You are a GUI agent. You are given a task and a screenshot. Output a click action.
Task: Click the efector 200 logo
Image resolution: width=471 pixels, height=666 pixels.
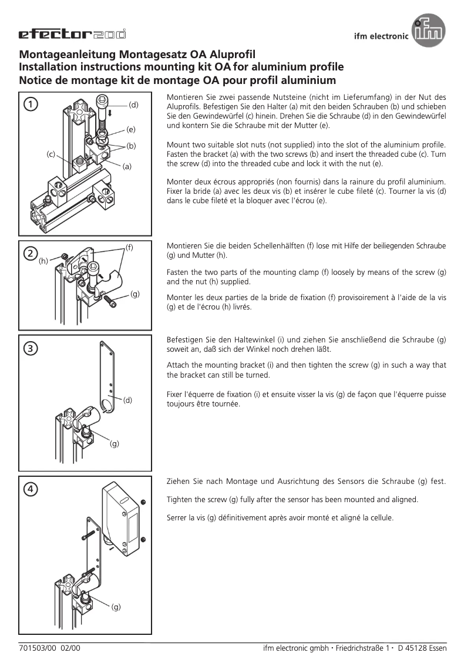tap(72, 35)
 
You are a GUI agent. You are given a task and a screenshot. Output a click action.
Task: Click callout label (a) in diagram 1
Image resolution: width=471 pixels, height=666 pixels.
tap(127, 166)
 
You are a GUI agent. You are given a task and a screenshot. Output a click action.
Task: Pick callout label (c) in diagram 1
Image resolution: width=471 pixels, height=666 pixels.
tap(51, 154)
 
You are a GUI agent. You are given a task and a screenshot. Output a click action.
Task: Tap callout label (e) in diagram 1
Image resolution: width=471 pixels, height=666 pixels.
tap(130, 129)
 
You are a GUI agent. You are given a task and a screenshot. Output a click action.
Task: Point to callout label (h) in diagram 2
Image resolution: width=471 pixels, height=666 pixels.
tap(43, 261)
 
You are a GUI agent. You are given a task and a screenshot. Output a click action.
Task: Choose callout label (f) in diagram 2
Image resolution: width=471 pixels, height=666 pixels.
tap(129, 247)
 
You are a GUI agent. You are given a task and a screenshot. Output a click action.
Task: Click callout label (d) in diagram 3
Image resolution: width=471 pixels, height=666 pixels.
tap(127, 400)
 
